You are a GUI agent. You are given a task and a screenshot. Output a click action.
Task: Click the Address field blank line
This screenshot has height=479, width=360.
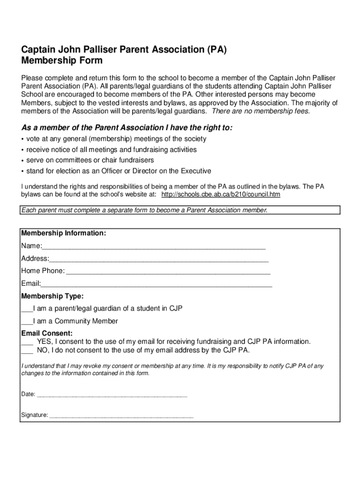pyautogui.click(x=159, y=260)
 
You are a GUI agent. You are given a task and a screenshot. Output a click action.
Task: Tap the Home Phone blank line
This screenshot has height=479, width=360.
pyautogui.click(x=168, y=272)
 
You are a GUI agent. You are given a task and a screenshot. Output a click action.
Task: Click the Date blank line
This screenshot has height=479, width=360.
pyautogui.click(x=112, y=395)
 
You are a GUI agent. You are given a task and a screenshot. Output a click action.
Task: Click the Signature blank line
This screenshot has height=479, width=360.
pyautogui.click(x=121, y=416)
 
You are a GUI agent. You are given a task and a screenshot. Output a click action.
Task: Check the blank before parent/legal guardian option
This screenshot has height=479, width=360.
pyautogui.click(x=27, y=310)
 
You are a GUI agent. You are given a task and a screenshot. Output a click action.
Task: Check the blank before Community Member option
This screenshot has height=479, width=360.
pyautogui.click(x=27, y=322)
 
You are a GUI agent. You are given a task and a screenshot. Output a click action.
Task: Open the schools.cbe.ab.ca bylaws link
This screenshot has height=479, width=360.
pyautogui.click(x=221, y=194)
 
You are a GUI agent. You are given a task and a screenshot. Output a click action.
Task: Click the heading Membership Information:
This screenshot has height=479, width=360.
pyautogui.click(x=63, y=233)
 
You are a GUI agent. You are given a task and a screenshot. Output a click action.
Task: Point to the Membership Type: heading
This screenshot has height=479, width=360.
pyautogui.click(x=52, y=297)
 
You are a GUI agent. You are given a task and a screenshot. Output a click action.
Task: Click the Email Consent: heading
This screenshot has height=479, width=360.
pyautogui.click(x=47, y=334)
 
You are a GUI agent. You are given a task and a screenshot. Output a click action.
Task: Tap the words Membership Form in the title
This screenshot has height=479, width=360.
pyautogui.click(x=62, y=61)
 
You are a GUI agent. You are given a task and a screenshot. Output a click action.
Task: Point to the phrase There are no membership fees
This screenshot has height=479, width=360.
pyautogui.click(x=261, y=111)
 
